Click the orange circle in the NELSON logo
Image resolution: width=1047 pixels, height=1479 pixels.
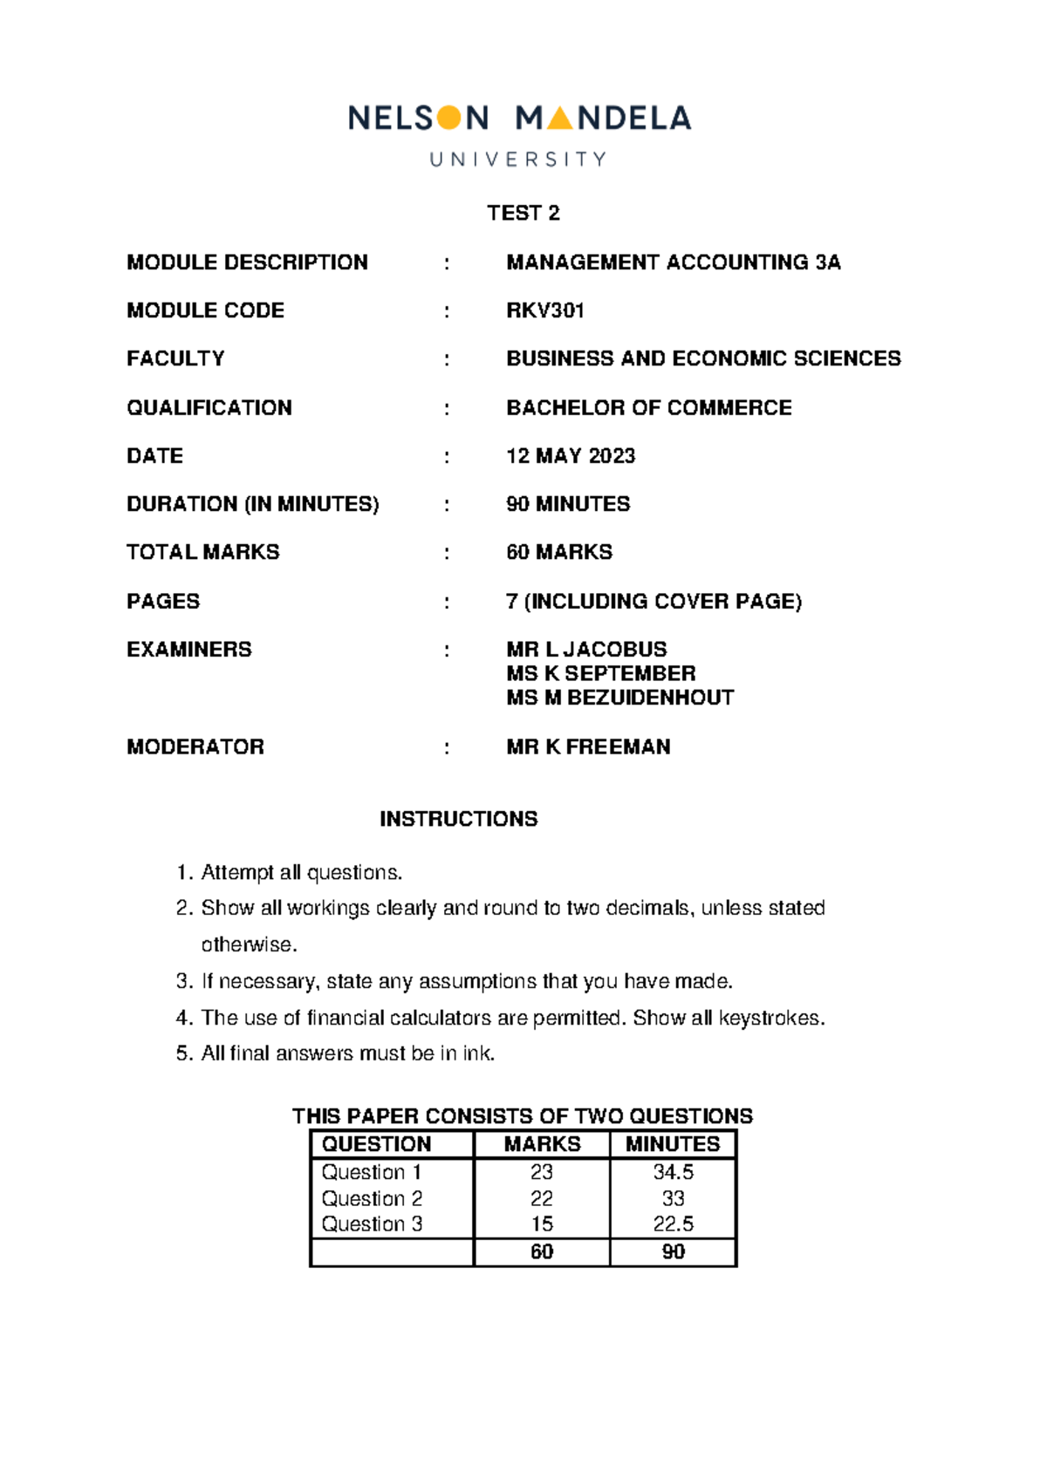(448, 118)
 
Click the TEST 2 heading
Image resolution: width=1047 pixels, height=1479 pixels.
(523, 213)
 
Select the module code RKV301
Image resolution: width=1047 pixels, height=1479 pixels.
(545, 310)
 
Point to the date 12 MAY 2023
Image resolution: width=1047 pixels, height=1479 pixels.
(571, 456)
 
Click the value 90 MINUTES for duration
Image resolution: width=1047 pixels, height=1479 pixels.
(568, 504)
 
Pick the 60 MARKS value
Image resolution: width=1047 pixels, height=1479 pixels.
(559, 552)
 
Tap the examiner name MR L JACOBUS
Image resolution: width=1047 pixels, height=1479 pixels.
(586, 649)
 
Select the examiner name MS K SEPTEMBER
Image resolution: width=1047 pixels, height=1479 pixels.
(601, 673)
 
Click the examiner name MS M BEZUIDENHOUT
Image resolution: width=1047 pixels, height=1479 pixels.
(620, 698)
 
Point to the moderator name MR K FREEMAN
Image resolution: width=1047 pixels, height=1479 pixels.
(589, 746)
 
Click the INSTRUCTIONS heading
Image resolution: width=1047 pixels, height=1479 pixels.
(459, 819)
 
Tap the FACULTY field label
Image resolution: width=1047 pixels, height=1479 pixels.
(175, 358)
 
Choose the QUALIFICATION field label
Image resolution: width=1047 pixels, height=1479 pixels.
(209, 407)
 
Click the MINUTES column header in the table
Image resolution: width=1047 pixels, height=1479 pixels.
(673, 1144)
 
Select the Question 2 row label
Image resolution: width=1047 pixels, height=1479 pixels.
(372, 1198)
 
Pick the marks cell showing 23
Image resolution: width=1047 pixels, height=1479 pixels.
(542, 1172)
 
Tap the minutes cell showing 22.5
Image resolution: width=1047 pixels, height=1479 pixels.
(673, 1224)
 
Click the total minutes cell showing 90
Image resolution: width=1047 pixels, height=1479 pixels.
(673, 1251)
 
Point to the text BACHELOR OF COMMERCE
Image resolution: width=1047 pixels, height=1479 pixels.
(649, 407)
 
